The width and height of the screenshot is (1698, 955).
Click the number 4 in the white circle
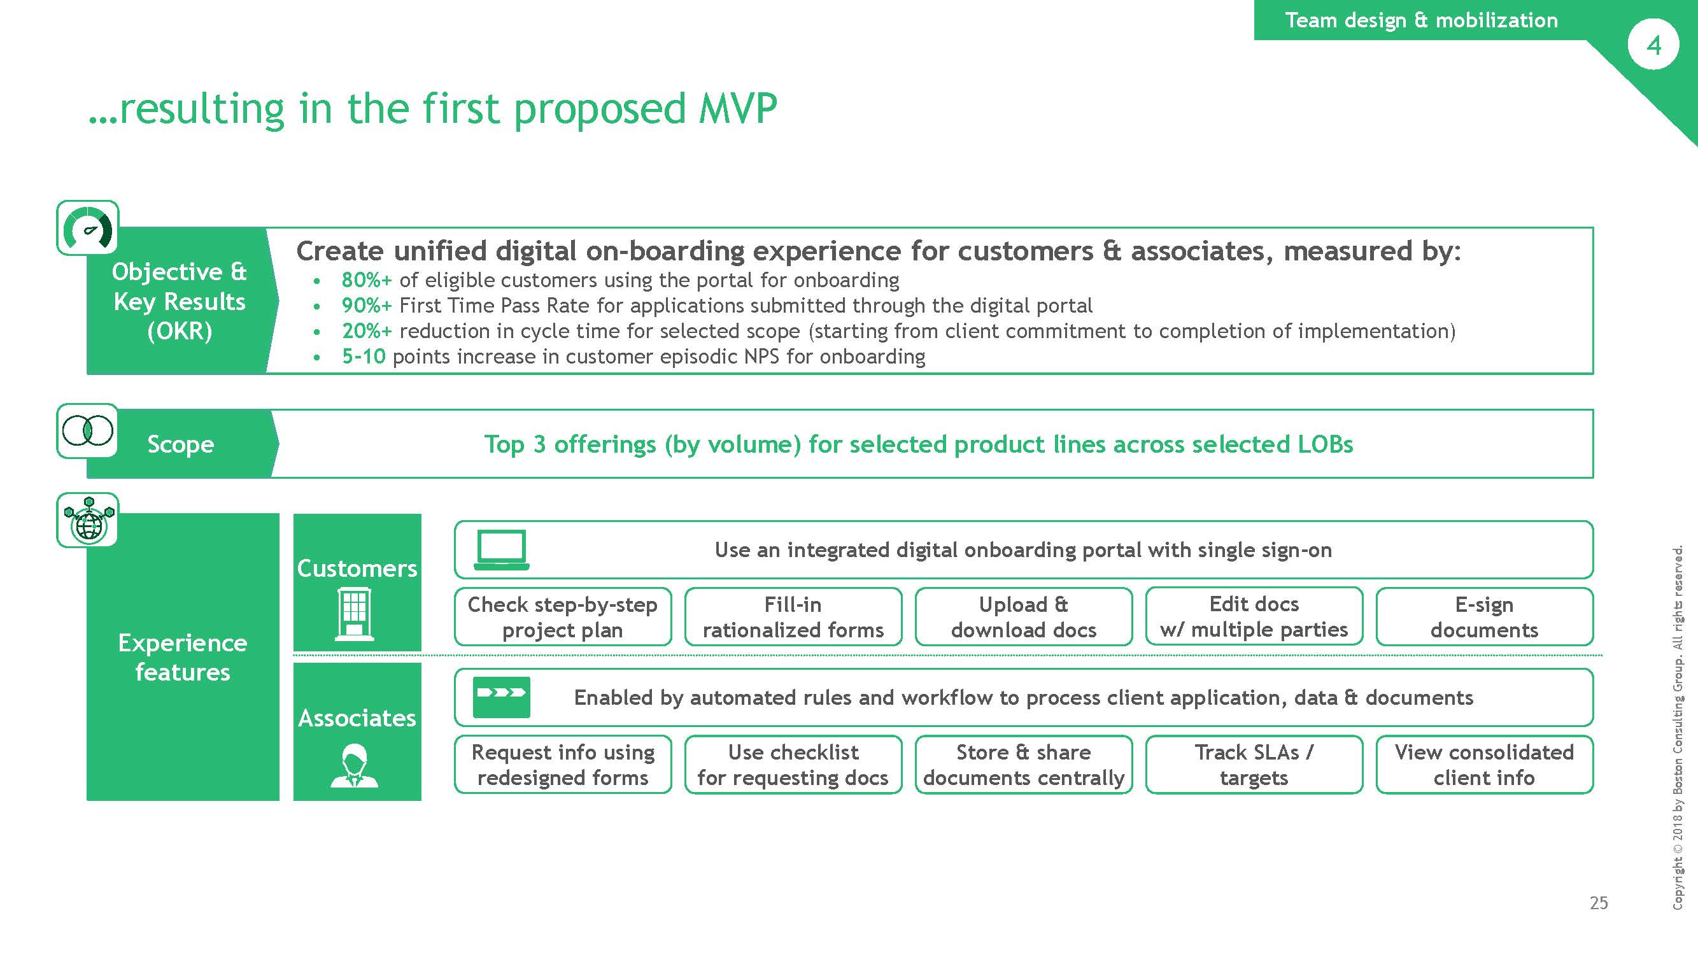1653,45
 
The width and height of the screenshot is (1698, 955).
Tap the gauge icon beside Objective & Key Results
88,228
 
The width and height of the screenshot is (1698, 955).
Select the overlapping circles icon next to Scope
88,431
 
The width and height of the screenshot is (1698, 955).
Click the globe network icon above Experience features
88,520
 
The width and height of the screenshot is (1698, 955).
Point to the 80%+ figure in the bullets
367,280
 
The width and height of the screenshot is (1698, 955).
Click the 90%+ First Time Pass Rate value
367,306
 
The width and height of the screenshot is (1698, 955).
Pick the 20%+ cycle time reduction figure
367,331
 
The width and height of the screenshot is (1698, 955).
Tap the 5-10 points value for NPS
363,357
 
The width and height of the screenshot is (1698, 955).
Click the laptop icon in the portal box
502,549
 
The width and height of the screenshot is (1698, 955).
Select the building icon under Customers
355,614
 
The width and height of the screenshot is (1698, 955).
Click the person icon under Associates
355,766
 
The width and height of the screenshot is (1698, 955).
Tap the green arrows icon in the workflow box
502,697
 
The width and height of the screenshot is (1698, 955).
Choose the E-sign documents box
1485,617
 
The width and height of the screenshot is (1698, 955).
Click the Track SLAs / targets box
1254,765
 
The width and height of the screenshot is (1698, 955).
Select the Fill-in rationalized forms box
793,617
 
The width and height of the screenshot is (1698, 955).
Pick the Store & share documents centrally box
1024,765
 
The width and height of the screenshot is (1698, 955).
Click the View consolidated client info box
1485,765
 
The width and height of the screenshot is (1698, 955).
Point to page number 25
1599,903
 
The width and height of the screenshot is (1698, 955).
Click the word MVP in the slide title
739,109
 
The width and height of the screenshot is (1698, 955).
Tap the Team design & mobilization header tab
1421,20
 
